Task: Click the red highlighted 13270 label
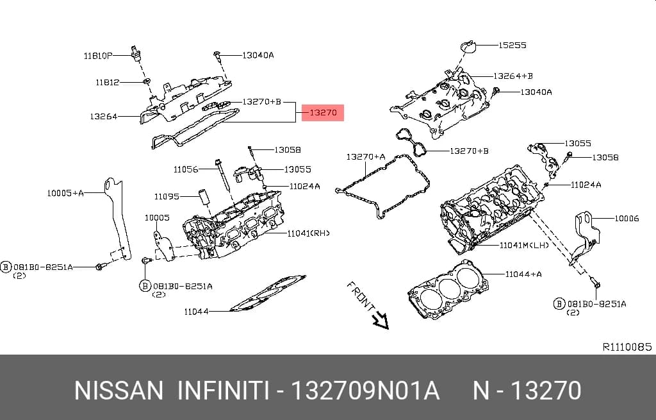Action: point(323,113)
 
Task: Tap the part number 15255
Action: point(512,45)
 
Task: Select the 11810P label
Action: point(98,56)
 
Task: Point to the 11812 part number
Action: point(108,83)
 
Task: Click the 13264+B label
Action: point(513,76)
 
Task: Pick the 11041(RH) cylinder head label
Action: point(308,233)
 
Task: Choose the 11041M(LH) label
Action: point(524,245)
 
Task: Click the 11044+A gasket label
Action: point(523,274)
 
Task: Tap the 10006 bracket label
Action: point(627,218)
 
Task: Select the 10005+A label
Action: point(65,193)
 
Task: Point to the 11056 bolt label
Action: point(186,169)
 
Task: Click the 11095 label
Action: point(167,196)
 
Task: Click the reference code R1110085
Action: point(627,347)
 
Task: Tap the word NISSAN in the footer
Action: point(119,391)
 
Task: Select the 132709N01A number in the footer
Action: point(365,391)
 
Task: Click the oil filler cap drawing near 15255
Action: point(468,46)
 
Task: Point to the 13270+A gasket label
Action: point(366,156)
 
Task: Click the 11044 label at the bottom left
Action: point(196,312)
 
